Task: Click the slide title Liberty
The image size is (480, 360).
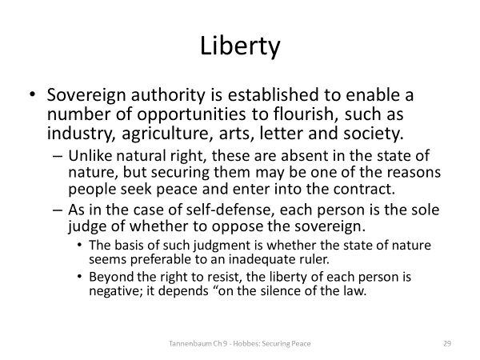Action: pos(240,46)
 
